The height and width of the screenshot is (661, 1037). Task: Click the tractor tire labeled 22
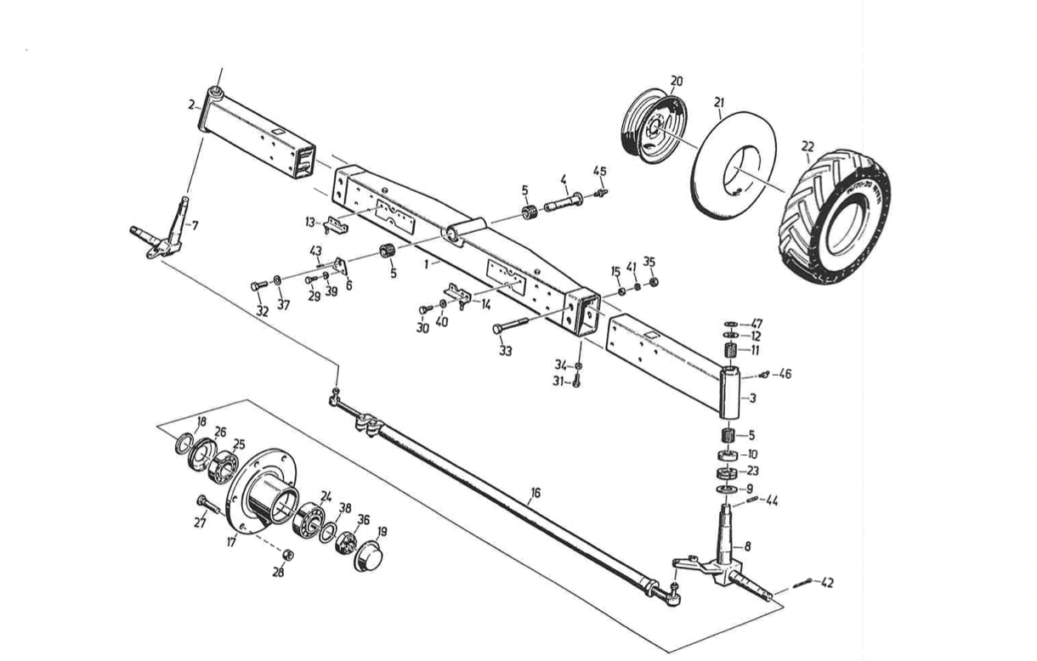pyautogui.click(x=834, y=217)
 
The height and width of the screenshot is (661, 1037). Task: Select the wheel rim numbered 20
pyautogui.click(x=653, y=125)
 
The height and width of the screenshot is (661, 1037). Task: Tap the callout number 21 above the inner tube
pyautogui.click(x=719, y=102)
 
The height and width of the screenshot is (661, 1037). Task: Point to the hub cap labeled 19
pyautogui.click(x=369, y=555)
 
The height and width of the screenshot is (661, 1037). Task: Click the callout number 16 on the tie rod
pyautogui.click(x=535, y=493)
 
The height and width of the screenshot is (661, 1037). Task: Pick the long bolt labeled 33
pyautogui.click(x=510, y=325)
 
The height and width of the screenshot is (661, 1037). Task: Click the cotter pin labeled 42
pyautogui.click(x=802, y=584)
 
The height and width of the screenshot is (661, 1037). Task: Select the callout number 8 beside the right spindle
pyautogui.click(x=748, y=546)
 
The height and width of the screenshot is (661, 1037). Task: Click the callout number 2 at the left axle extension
pyautogui.click(x=191, y=105)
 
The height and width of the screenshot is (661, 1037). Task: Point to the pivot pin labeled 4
pyautogui.click(x=564, y=201)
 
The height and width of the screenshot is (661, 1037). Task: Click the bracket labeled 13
pyautogui.click(x=336, y=225)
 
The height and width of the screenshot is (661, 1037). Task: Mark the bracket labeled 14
pyautogui.click(x=458, y=295)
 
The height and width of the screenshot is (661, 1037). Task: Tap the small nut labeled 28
pyautogui.click(x=288, y=554)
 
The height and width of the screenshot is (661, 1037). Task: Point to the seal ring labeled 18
pyautogui.click(x=184, y=443)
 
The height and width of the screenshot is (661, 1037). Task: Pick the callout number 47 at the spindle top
pyautogui.click(x=756, y=324)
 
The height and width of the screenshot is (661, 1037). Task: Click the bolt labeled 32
pyautogui.click(x=258, y=285)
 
